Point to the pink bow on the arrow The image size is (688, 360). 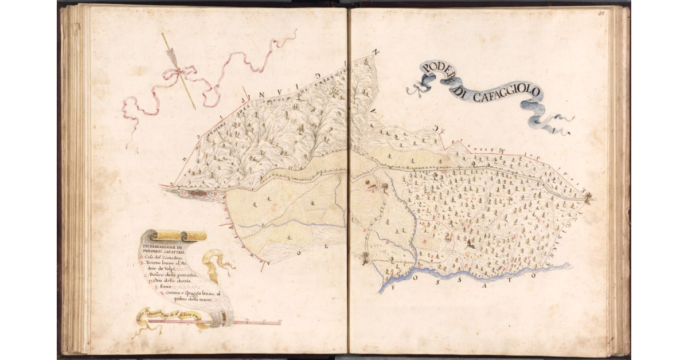[179, 72]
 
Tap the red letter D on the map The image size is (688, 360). [424, 241]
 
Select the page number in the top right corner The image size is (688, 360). [603, 11]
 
